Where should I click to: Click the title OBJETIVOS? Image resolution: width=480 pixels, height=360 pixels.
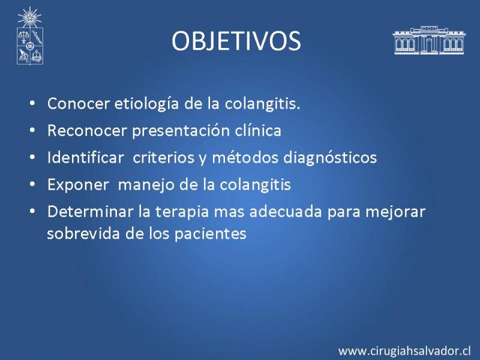(x=236, y=41)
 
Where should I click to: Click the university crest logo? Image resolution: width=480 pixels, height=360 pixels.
(x=29, y=36)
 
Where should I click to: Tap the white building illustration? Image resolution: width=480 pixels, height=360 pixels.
(x=429, y=40)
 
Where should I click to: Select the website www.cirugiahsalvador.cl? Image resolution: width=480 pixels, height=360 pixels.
(x=404, y=350)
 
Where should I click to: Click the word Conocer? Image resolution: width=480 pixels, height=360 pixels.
(x=78, y=103)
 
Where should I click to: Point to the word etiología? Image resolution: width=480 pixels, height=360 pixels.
(x=146, y=104)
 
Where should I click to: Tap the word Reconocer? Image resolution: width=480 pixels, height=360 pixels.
(x=87, y=130)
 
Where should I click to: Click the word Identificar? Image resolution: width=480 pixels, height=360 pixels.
(x=85, y=157)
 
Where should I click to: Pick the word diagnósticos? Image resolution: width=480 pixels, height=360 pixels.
(x=329, y=158)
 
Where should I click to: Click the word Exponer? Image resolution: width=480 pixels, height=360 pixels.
(x=78, y=185)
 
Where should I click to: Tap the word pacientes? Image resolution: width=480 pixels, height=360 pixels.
(x=211, y=235)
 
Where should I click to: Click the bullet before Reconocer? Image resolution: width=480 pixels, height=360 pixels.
(x=32, y=130)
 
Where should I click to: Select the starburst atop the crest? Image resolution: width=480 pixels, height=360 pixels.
(x=29, y=17)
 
